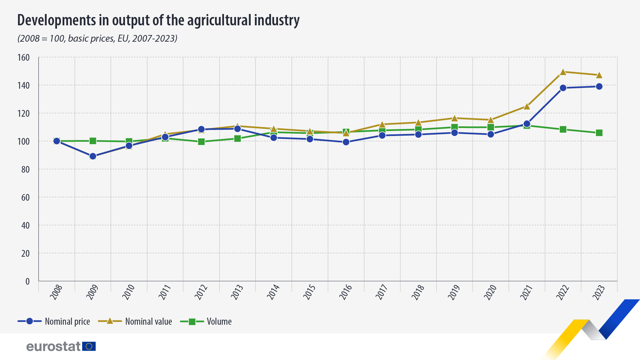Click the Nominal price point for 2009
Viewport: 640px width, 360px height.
point(93,156)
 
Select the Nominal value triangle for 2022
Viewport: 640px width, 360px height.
point(563,72)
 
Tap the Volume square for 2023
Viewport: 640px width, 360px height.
point(599,133)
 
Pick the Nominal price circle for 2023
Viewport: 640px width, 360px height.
point(599,87)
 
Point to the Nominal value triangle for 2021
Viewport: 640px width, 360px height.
point(527,107)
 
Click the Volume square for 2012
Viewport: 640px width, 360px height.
point(201,142)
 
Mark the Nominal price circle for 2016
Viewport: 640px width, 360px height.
point(346,142)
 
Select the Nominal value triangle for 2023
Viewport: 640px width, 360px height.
point(599,75)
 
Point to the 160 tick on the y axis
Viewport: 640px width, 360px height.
point(23,57)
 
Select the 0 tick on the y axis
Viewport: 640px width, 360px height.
point(27,281)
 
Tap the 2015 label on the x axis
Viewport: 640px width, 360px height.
point(309,292)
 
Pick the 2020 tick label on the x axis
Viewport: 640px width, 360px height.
point(490,292)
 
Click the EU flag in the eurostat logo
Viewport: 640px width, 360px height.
point(89,346)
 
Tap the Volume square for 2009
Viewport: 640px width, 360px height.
point(93,141)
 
